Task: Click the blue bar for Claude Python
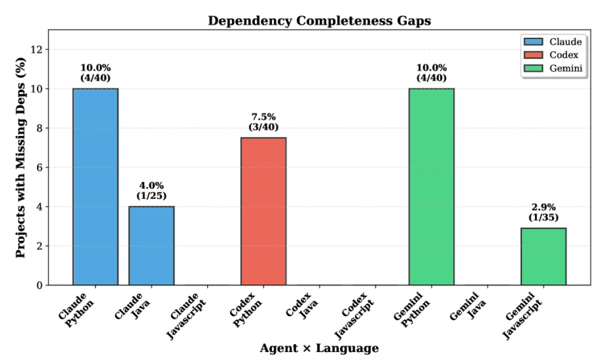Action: (95, 186)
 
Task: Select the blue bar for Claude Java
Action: (151, 245)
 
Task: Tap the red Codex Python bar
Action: (264, 211)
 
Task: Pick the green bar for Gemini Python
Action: (432, 186)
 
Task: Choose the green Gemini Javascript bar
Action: (543, 256)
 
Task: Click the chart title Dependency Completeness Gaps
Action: (319, 21)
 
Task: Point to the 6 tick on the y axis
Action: (40, 168)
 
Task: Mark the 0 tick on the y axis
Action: (40, 286)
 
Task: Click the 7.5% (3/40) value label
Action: (264, 122)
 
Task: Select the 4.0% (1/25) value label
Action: (151, 190)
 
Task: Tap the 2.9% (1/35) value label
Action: (543, 212)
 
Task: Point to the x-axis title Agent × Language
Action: (319, 348)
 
